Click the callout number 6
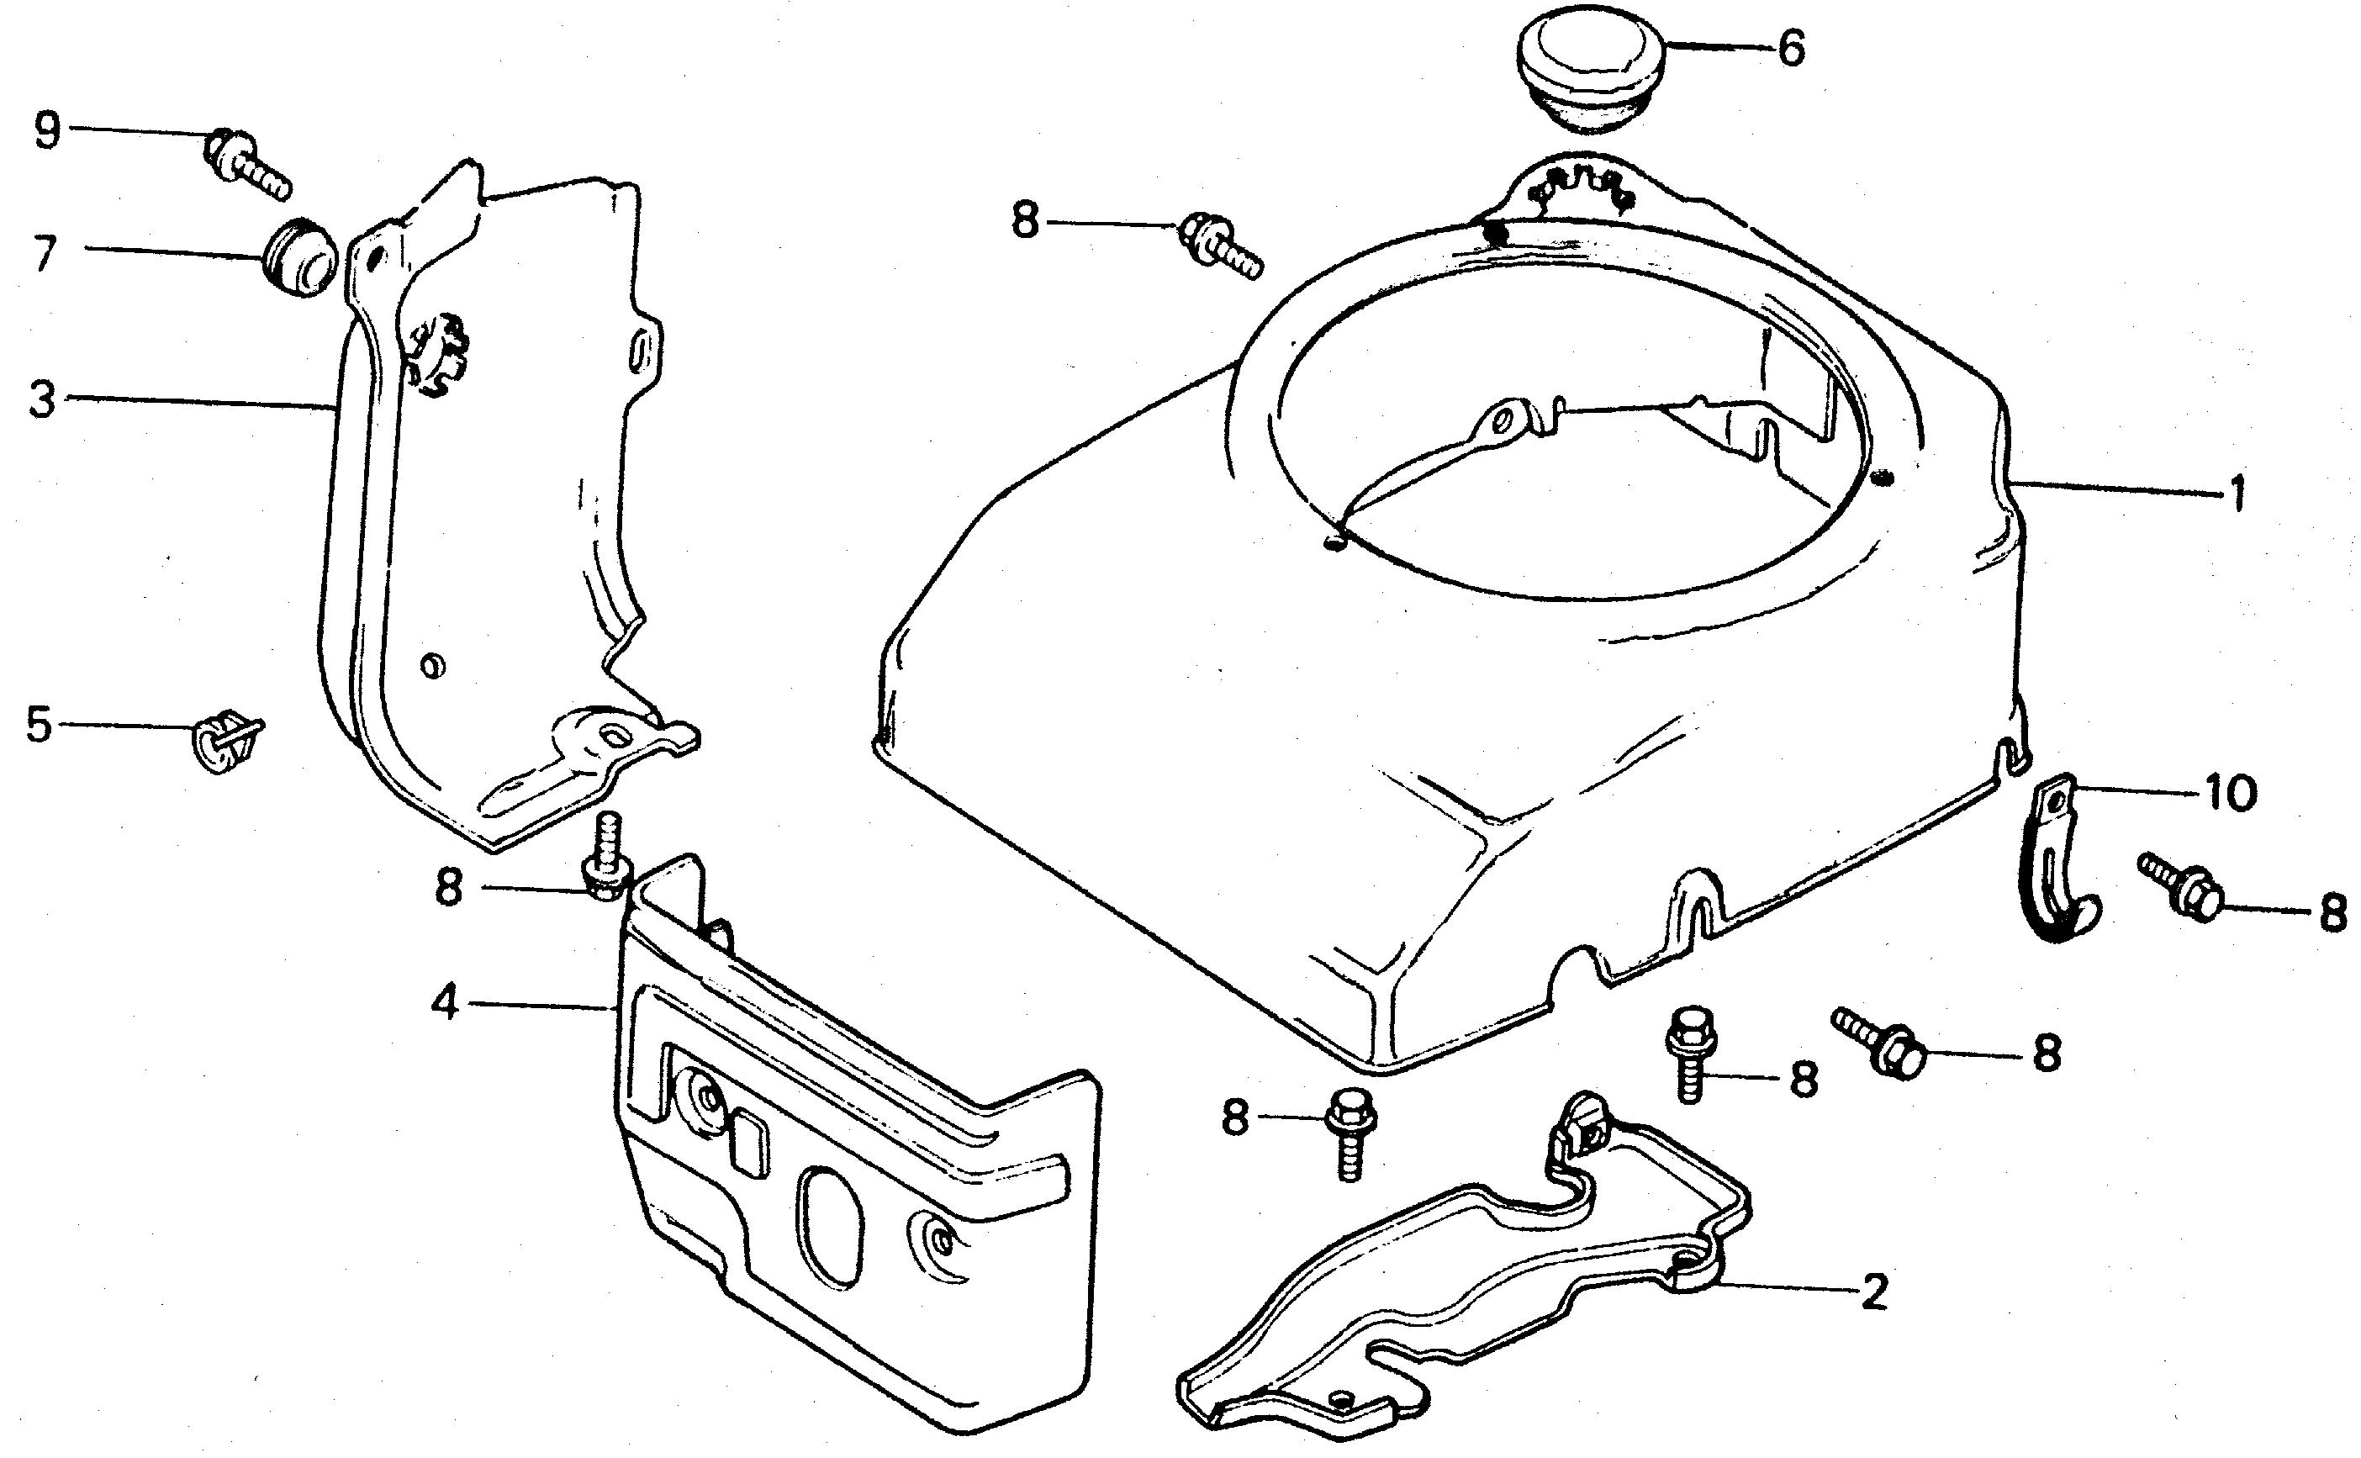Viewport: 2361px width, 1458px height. tap(1790, 48)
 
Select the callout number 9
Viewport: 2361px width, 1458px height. tap(46, 130)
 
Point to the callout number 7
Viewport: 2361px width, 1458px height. tap(44, 255)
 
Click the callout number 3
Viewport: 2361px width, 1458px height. tap(41, 399)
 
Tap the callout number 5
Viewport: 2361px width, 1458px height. tap(39, 724)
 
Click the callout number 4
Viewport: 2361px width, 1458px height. tap(445, 1004)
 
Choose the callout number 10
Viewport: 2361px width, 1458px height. tap(2228, 794)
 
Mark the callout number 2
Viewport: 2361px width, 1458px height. tap(1873, 1292)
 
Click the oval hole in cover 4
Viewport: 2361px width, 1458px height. tap(831, 1226)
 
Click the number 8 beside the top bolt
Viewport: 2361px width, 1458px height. tap(1025, 222)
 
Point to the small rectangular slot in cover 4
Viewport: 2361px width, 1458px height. tap(749, 1144)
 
